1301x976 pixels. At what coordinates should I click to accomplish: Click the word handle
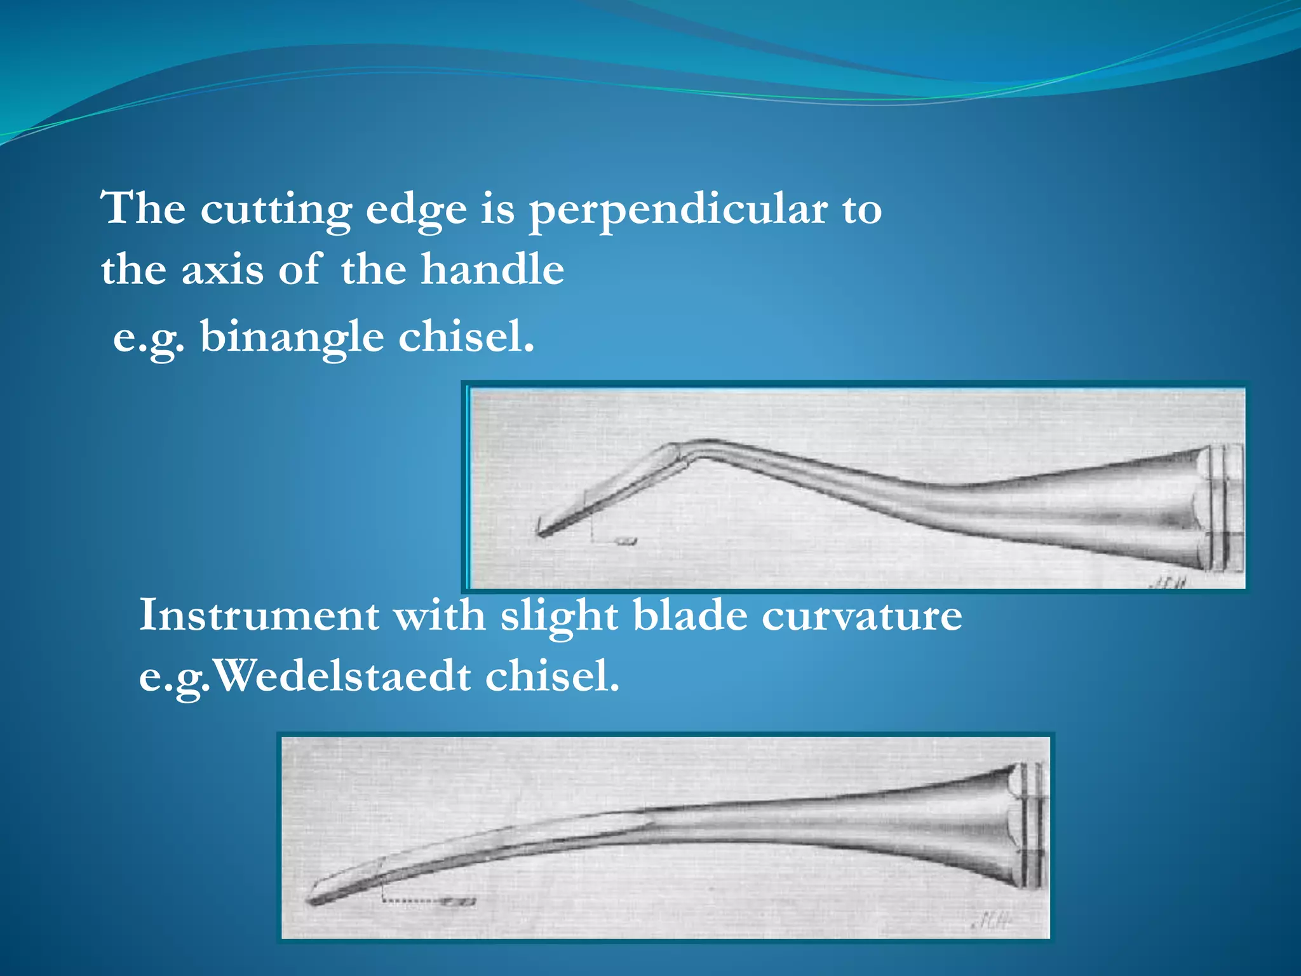[x=492, y=269]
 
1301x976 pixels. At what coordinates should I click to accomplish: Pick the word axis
[x=222, y=269]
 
